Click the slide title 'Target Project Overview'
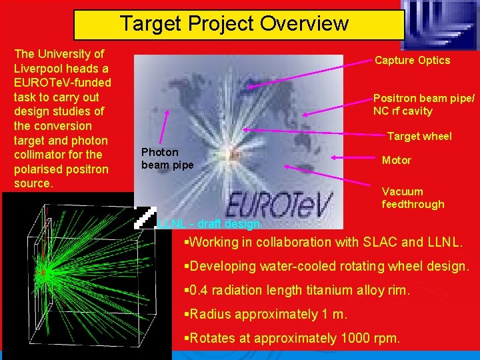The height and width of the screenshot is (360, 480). coord(234,24)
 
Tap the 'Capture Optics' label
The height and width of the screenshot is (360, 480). coord(412,61)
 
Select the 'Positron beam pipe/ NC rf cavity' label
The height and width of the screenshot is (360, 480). coord(424,104)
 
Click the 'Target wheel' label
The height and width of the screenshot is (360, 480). coord(419,137)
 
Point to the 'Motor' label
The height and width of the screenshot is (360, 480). coord(396,161)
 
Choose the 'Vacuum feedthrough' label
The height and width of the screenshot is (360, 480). coord(413,198)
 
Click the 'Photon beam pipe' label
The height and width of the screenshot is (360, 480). coord(167,159)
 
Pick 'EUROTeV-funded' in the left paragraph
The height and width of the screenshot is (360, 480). coord(62,83)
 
